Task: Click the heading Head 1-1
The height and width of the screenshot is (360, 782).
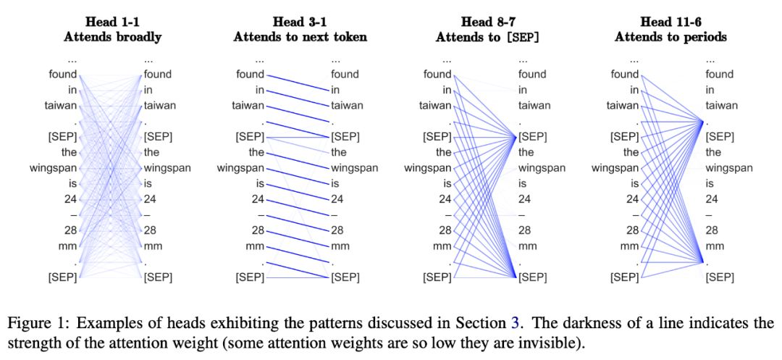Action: point(112,22)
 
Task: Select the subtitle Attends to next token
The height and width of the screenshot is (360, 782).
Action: point(300,36)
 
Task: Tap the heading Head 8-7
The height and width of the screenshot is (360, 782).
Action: point(487,22)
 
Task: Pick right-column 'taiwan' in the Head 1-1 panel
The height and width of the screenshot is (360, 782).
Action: point(159,105)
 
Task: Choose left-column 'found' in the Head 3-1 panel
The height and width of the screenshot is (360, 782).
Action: point(251,74)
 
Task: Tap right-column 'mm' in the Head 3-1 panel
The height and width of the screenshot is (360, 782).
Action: point(340,246)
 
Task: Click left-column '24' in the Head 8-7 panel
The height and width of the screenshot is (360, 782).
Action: point(443,199)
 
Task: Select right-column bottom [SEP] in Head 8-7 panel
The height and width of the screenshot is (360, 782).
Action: point(533,277)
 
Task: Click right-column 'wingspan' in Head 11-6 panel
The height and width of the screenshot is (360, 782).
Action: point(729,168)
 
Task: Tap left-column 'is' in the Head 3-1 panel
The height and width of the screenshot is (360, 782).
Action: point(259,184)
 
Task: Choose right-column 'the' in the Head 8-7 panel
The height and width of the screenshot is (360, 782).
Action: point(526,152)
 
